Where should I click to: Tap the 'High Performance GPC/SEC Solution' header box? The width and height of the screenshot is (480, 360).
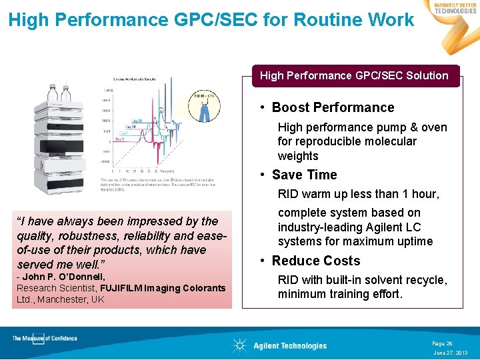pos(354,75)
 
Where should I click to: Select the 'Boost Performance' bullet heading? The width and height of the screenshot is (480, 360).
pos(333,107)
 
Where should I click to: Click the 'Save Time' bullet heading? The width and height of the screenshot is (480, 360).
pos(304,175)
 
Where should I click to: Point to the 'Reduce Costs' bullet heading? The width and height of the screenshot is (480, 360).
pos(315,261)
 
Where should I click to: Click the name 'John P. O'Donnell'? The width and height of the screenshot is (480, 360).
pos(65,277)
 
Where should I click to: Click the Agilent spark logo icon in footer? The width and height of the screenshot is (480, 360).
pos(239,345)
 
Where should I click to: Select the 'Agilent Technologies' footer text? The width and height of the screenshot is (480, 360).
pos(290,346)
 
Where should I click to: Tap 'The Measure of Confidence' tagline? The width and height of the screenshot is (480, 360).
pos(45,339)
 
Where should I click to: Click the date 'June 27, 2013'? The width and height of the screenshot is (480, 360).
pos(451,353)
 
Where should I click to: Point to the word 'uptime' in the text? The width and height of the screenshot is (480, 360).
pos(415,241)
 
